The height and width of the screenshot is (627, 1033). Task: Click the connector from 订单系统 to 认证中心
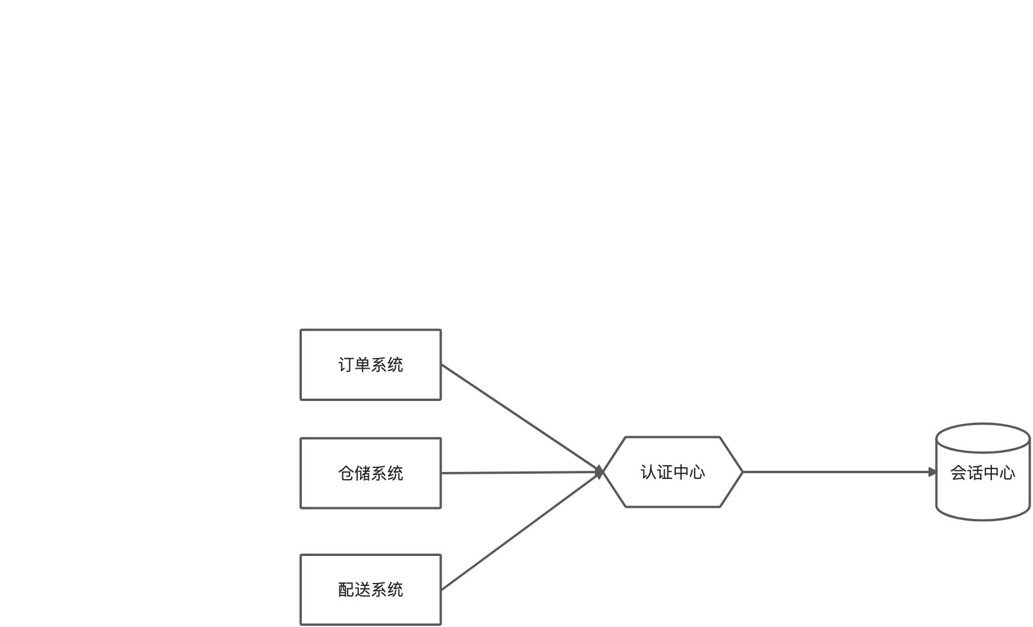(520, 417)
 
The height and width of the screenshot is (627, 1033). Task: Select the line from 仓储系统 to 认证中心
(520, 473)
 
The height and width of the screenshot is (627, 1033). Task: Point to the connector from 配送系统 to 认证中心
(520, 531)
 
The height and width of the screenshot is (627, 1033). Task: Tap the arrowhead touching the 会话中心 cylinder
(933, 472)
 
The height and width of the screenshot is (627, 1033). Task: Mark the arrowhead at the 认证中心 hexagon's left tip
(600, 472)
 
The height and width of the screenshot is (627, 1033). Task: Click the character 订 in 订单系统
(346, 365)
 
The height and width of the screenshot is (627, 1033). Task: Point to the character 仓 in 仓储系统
(346, 473)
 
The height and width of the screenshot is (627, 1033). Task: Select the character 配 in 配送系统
(346, 589)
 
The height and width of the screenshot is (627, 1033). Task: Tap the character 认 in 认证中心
(648, 472)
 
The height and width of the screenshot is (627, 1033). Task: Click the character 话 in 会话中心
(975, 473)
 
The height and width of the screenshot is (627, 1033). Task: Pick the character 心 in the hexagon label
(697, 472)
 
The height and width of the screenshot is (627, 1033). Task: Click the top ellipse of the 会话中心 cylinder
(982, 438)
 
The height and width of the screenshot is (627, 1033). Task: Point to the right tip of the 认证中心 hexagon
(742, 472)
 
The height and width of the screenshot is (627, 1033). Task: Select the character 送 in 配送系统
(362, 589)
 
